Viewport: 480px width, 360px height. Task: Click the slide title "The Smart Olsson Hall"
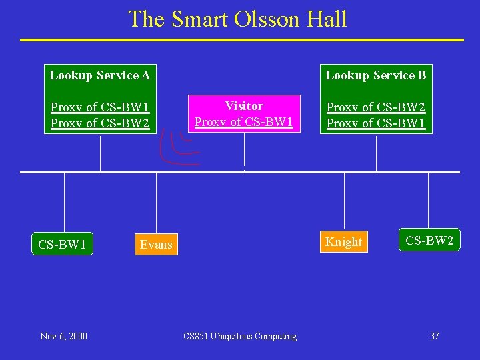[238, 19]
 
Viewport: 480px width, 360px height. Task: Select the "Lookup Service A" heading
[100, 75]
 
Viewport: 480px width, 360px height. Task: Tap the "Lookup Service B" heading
[375, 75]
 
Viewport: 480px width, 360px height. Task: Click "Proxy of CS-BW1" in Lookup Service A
[100, 107]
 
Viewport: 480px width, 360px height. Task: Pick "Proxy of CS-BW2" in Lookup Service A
[100, 123]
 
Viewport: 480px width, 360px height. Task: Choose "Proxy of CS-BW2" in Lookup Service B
[376, 107]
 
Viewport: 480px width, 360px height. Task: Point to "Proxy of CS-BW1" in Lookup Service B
[376, 123]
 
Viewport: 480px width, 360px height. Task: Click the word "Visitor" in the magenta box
[244, 106]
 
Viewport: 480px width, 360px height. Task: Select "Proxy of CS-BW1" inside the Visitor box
[244, 122]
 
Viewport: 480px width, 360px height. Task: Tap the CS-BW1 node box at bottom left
[62, 245]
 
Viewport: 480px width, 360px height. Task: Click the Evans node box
[156, 245]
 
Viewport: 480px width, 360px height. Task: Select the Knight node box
[344, 242]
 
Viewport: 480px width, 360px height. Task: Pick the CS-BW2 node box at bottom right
[430, 241]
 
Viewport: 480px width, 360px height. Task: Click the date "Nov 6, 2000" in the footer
[63, 336]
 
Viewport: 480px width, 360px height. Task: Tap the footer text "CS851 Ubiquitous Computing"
[240, 336]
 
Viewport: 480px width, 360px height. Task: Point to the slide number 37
[434, 336]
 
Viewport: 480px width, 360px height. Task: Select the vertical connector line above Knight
[344, 200]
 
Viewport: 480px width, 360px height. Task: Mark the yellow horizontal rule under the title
[241, 40]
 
